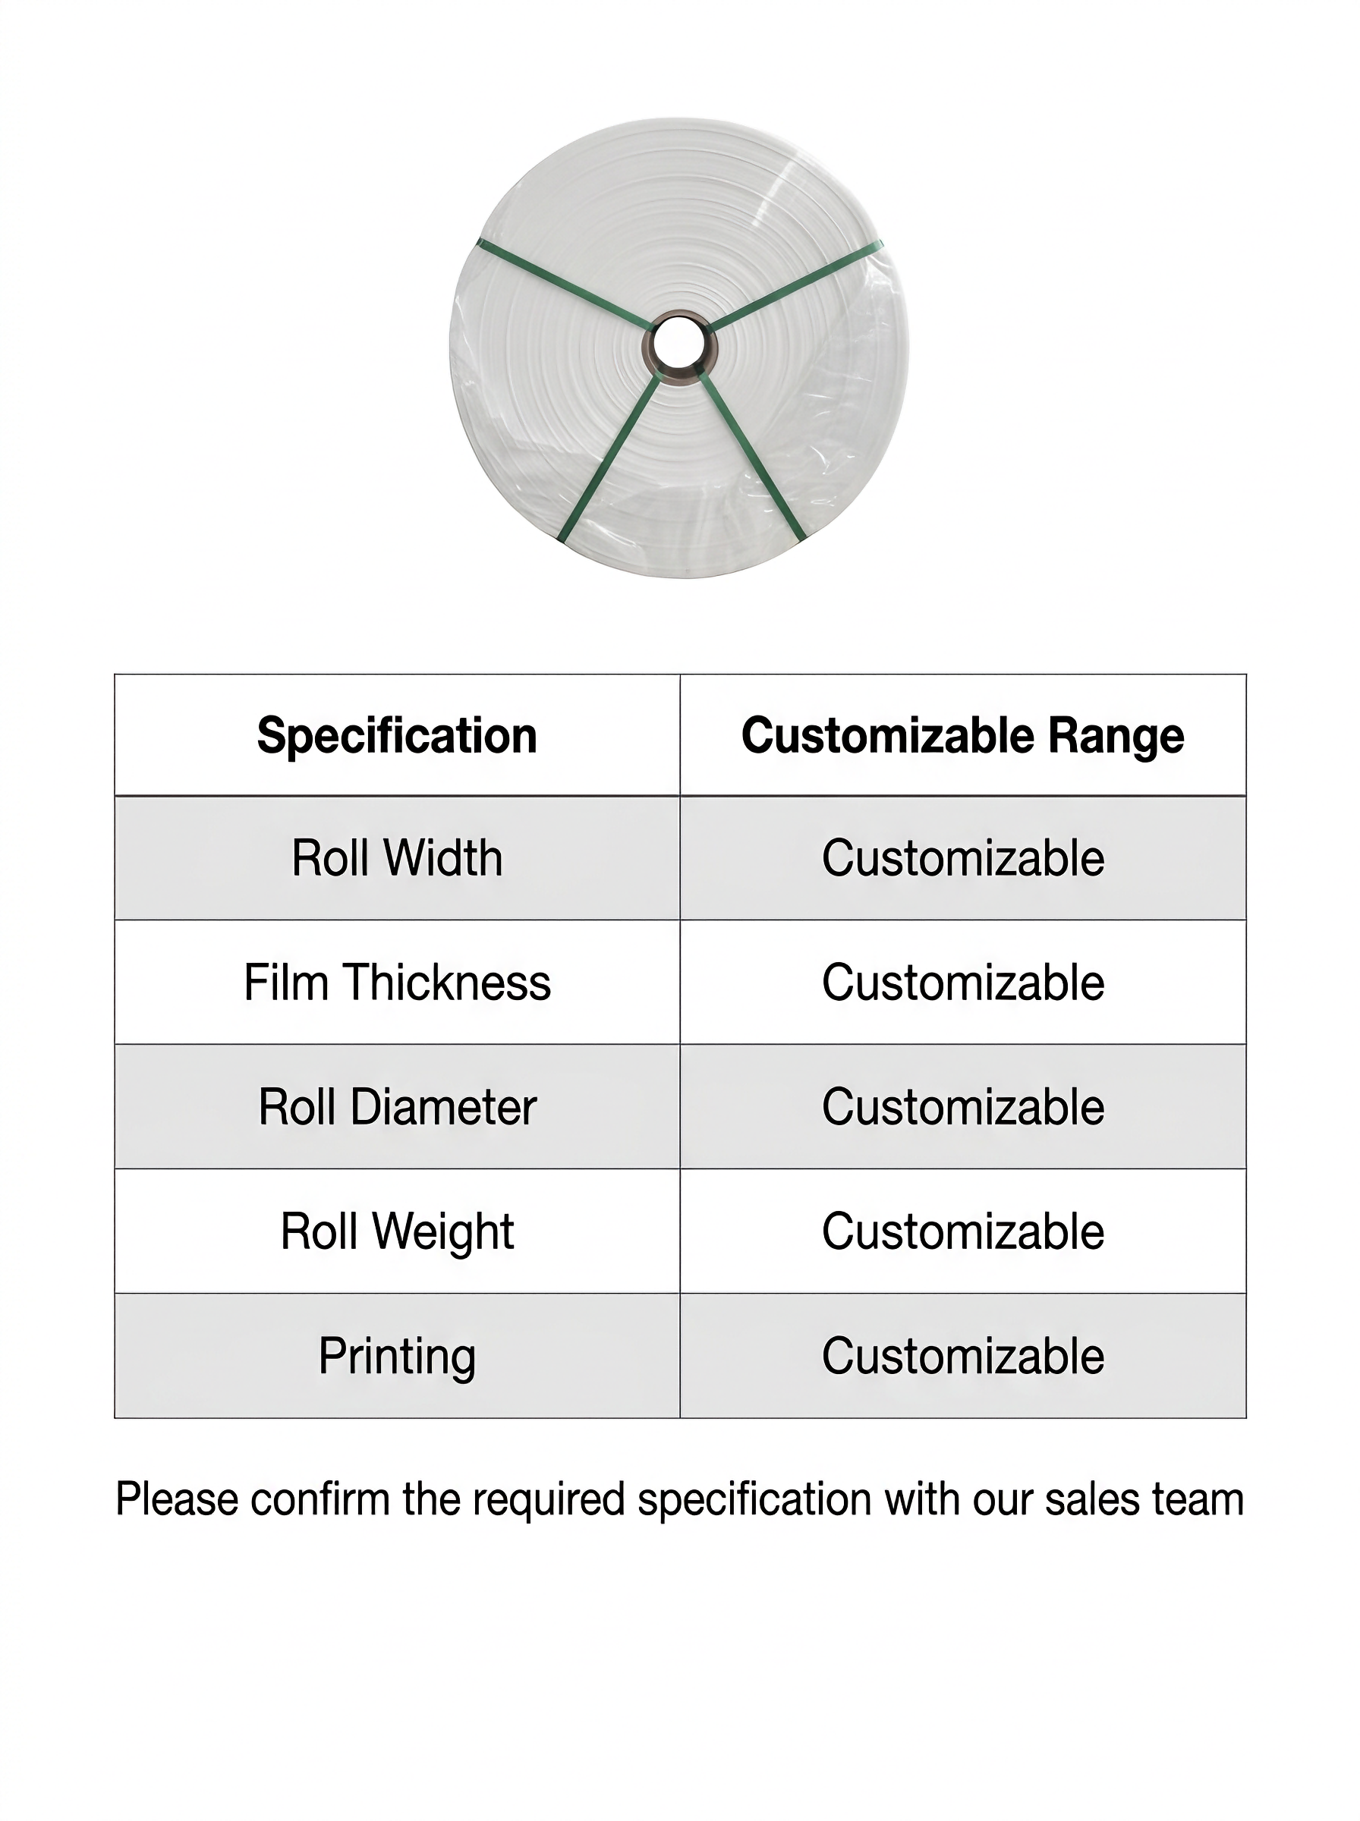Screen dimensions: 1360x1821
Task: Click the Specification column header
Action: pos(397,734)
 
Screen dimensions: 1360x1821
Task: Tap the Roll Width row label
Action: pos(397,858)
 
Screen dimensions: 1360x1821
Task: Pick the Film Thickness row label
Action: pos(397,983)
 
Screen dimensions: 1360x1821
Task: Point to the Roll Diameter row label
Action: pos(397,1107)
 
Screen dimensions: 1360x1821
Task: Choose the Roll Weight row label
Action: pos(397,1231)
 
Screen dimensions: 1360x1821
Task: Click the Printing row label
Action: pos(397,1357)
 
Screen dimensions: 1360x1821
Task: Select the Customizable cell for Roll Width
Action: pos(962,858)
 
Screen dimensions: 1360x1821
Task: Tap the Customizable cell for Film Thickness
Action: pos(962,983)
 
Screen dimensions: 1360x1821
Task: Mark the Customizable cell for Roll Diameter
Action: pos(962,1107)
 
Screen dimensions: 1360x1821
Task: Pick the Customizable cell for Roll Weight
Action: pos(962,1231)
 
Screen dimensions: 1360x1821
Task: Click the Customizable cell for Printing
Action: pos(962,1356)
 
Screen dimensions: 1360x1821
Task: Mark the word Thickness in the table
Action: pos(447,983)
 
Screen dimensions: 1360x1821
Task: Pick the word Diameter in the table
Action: pos(443,1107)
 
